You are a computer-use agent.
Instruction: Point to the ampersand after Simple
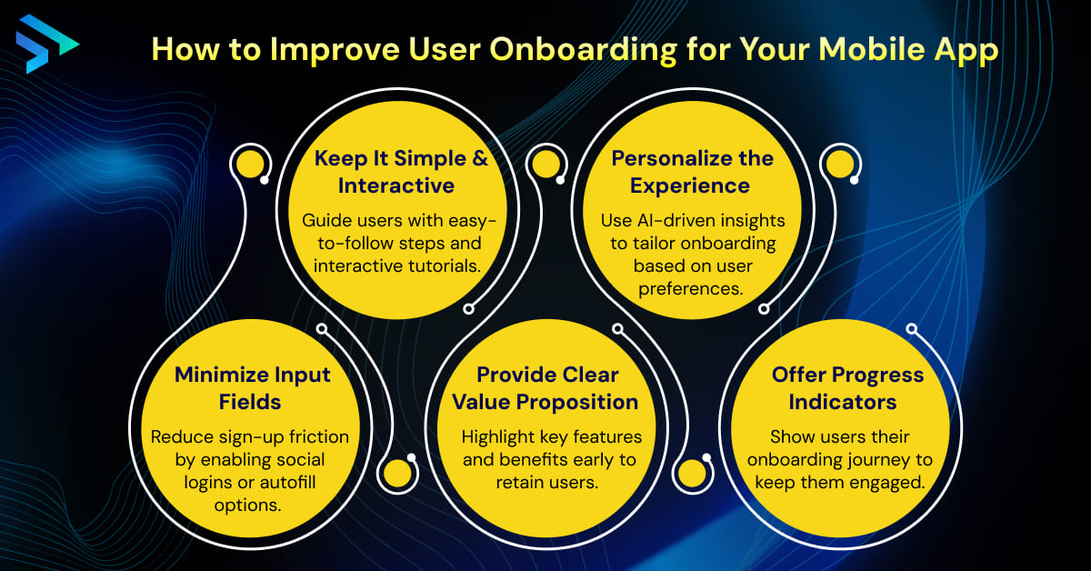click(480, 158)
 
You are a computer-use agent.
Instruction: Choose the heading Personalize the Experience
click(692, 172)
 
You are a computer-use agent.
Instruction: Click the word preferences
click(692, 288)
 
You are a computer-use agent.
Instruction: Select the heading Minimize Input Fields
click(252, 387)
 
